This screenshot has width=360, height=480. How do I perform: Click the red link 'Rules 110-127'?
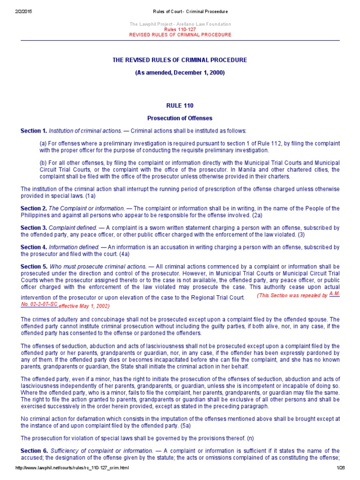click(x=180, y=29)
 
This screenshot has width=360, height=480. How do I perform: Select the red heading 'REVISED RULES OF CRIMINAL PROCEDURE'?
click(x=180, y=35)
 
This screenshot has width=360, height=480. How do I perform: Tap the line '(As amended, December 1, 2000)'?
click(x=180, y=73)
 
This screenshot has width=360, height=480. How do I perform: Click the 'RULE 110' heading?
click(x=180, y=106)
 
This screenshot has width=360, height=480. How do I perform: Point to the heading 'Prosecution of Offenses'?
click(x=180, y=118)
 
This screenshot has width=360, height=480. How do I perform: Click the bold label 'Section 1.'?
click(x=34, y=131)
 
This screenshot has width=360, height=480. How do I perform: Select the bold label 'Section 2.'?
click(x=34, y=208)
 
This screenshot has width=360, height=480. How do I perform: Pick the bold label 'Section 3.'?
click(x=34, y=228)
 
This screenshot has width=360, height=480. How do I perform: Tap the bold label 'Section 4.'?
click(x=34, y=247)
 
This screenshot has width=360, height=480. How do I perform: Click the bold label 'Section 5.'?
click(x=34, y=267)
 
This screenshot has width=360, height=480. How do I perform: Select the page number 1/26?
click(x=340, y=468)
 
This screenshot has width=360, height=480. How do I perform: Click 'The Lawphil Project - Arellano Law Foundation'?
click(x=180, y=24)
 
